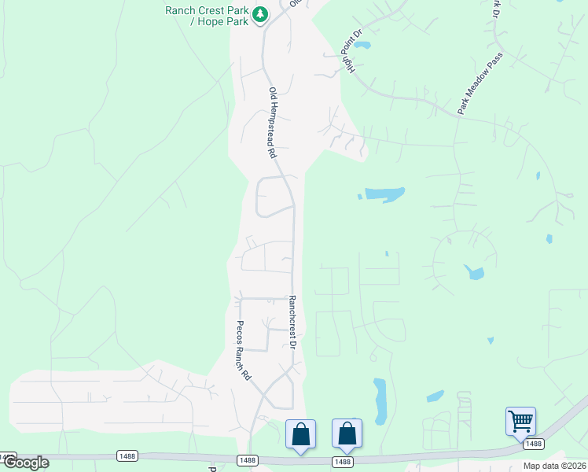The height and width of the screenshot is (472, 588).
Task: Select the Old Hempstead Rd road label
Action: click(x=273, y=122)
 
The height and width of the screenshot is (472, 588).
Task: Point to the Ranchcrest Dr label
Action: click(x=292, y=323)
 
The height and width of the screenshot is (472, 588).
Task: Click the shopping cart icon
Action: click(x=520, y=421)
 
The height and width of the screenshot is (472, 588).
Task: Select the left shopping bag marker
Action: click(x=300, y=433)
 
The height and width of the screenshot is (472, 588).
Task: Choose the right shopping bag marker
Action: click(x=347, y=433)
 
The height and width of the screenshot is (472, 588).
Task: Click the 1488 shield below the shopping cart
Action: click(x=533, y=444)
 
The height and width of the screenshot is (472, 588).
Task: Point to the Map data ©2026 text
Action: click(x=554, y=466)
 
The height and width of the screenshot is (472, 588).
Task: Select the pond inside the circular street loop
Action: click(x=473, y=273)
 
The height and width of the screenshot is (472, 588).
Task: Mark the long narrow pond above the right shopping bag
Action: click(x=380, y=401)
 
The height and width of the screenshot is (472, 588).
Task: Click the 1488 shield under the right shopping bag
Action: click(x=343, y=462)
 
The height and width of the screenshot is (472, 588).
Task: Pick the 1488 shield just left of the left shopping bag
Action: click(x=247, y=459)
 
